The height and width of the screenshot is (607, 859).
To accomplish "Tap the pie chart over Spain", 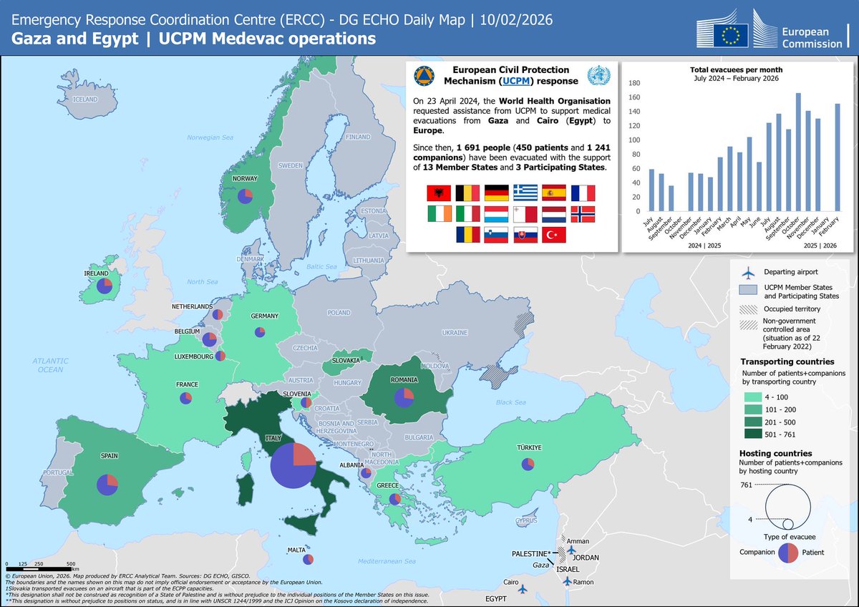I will click(x=107, y=485).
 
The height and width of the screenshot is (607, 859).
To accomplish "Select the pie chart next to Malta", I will click(x=308, y=559).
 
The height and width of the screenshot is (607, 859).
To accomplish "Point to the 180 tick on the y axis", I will click(x=634, y=83).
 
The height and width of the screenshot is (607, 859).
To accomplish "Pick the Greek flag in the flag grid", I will click(x=525, y=193).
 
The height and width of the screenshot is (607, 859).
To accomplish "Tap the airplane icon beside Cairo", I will click(x=523, y=588).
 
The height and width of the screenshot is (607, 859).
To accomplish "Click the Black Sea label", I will click(x=510, y=402).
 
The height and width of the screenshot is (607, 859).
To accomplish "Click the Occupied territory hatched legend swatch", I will click(x=750, y=309).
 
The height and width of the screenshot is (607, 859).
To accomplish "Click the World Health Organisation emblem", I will click(x=596, y=75).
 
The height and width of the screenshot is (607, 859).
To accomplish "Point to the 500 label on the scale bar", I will click(x=71, y=564).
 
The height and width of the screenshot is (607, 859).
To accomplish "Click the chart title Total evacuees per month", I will click(x=735, y=70).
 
